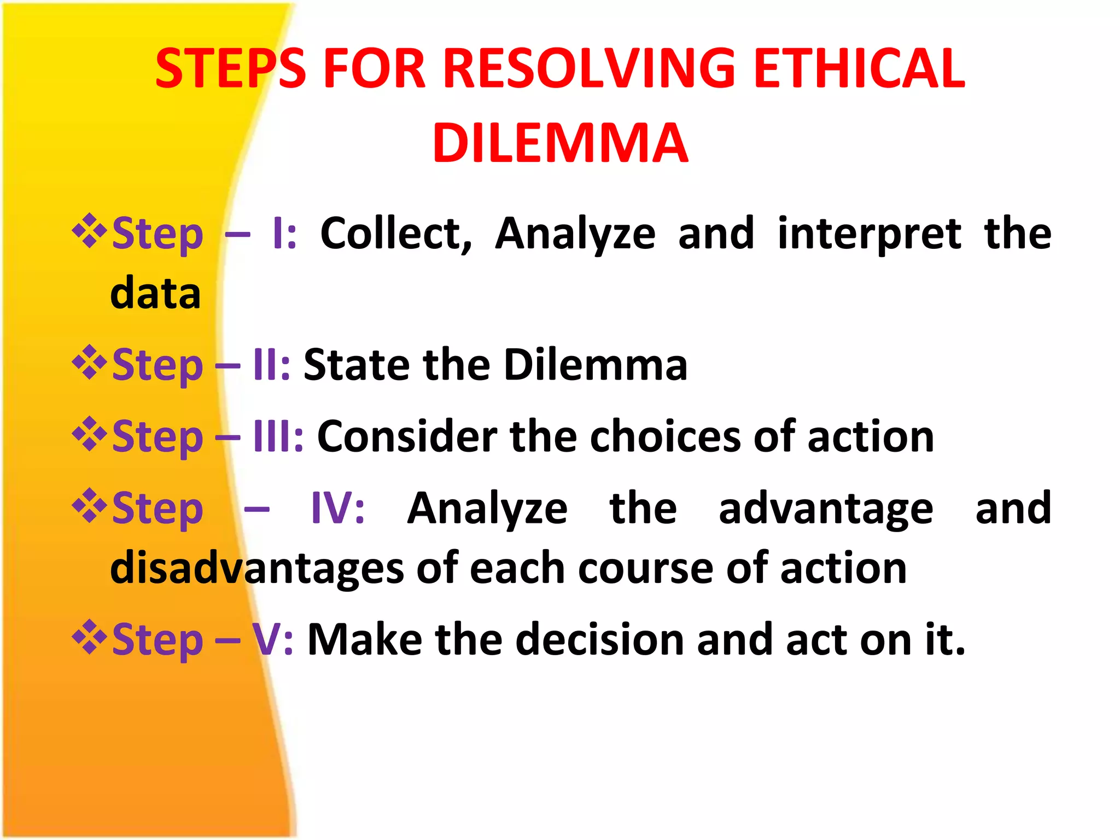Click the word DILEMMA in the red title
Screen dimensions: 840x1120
pyautogui.click(x=560, y=143)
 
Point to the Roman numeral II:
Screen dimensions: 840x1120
pyautogui.click(x=271, y=365)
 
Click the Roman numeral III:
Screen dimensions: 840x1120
pyautogui.click(x=278, y=436)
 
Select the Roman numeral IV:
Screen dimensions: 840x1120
pyautogui.click(x=337, y=508)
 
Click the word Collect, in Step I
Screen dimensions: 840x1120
pyautogui.click(x=396, y=234)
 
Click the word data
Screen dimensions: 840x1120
pyautogui.click(x=155, y=293)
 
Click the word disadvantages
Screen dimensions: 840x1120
pyautogui.click(x=256, y=569)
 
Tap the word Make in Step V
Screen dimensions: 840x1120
pyautogui.click(x=364, y=639)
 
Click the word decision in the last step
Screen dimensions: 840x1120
pyautogui.click(x=599, y=639)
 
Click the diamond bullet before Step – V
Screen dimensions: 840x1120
pyautogui.click(x=89, y=637)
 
